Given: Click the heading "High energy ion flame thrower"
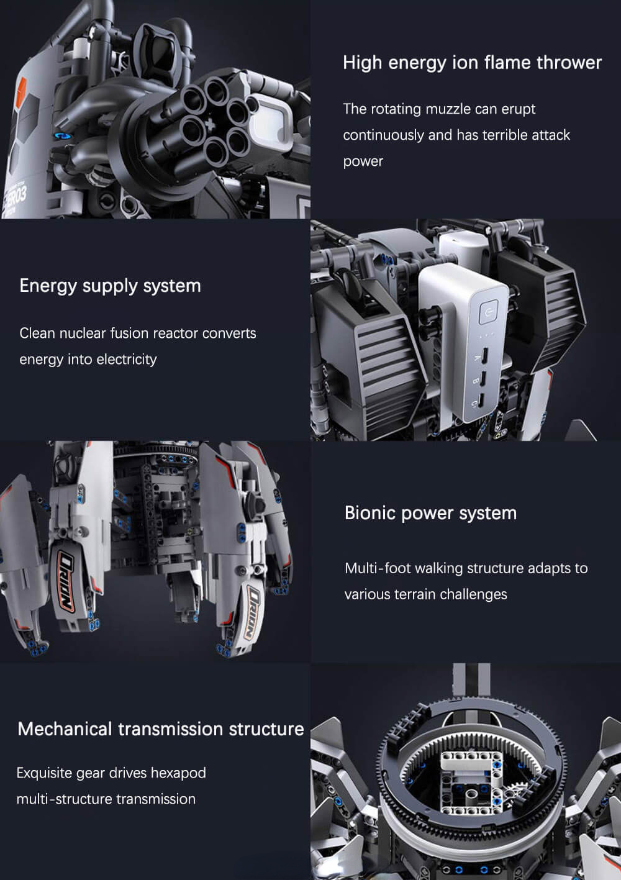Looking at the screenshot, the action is coord(472,63).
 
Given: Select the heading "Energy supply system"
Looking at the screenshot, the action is coord(110,286).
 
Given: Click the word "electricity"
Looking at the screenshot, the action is coord(127,360).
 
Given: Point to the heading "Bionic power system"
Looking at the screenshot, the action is coord(430,514).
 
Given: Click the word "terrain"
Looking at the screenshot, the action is coord(415,594).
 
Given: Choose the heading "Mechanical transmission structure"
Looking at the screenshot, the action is coord(161,729).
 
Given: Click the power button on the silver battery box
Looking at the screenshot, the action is coord(488,312).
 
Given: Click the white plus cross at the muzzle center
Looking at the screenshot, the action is coord(211,125).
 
